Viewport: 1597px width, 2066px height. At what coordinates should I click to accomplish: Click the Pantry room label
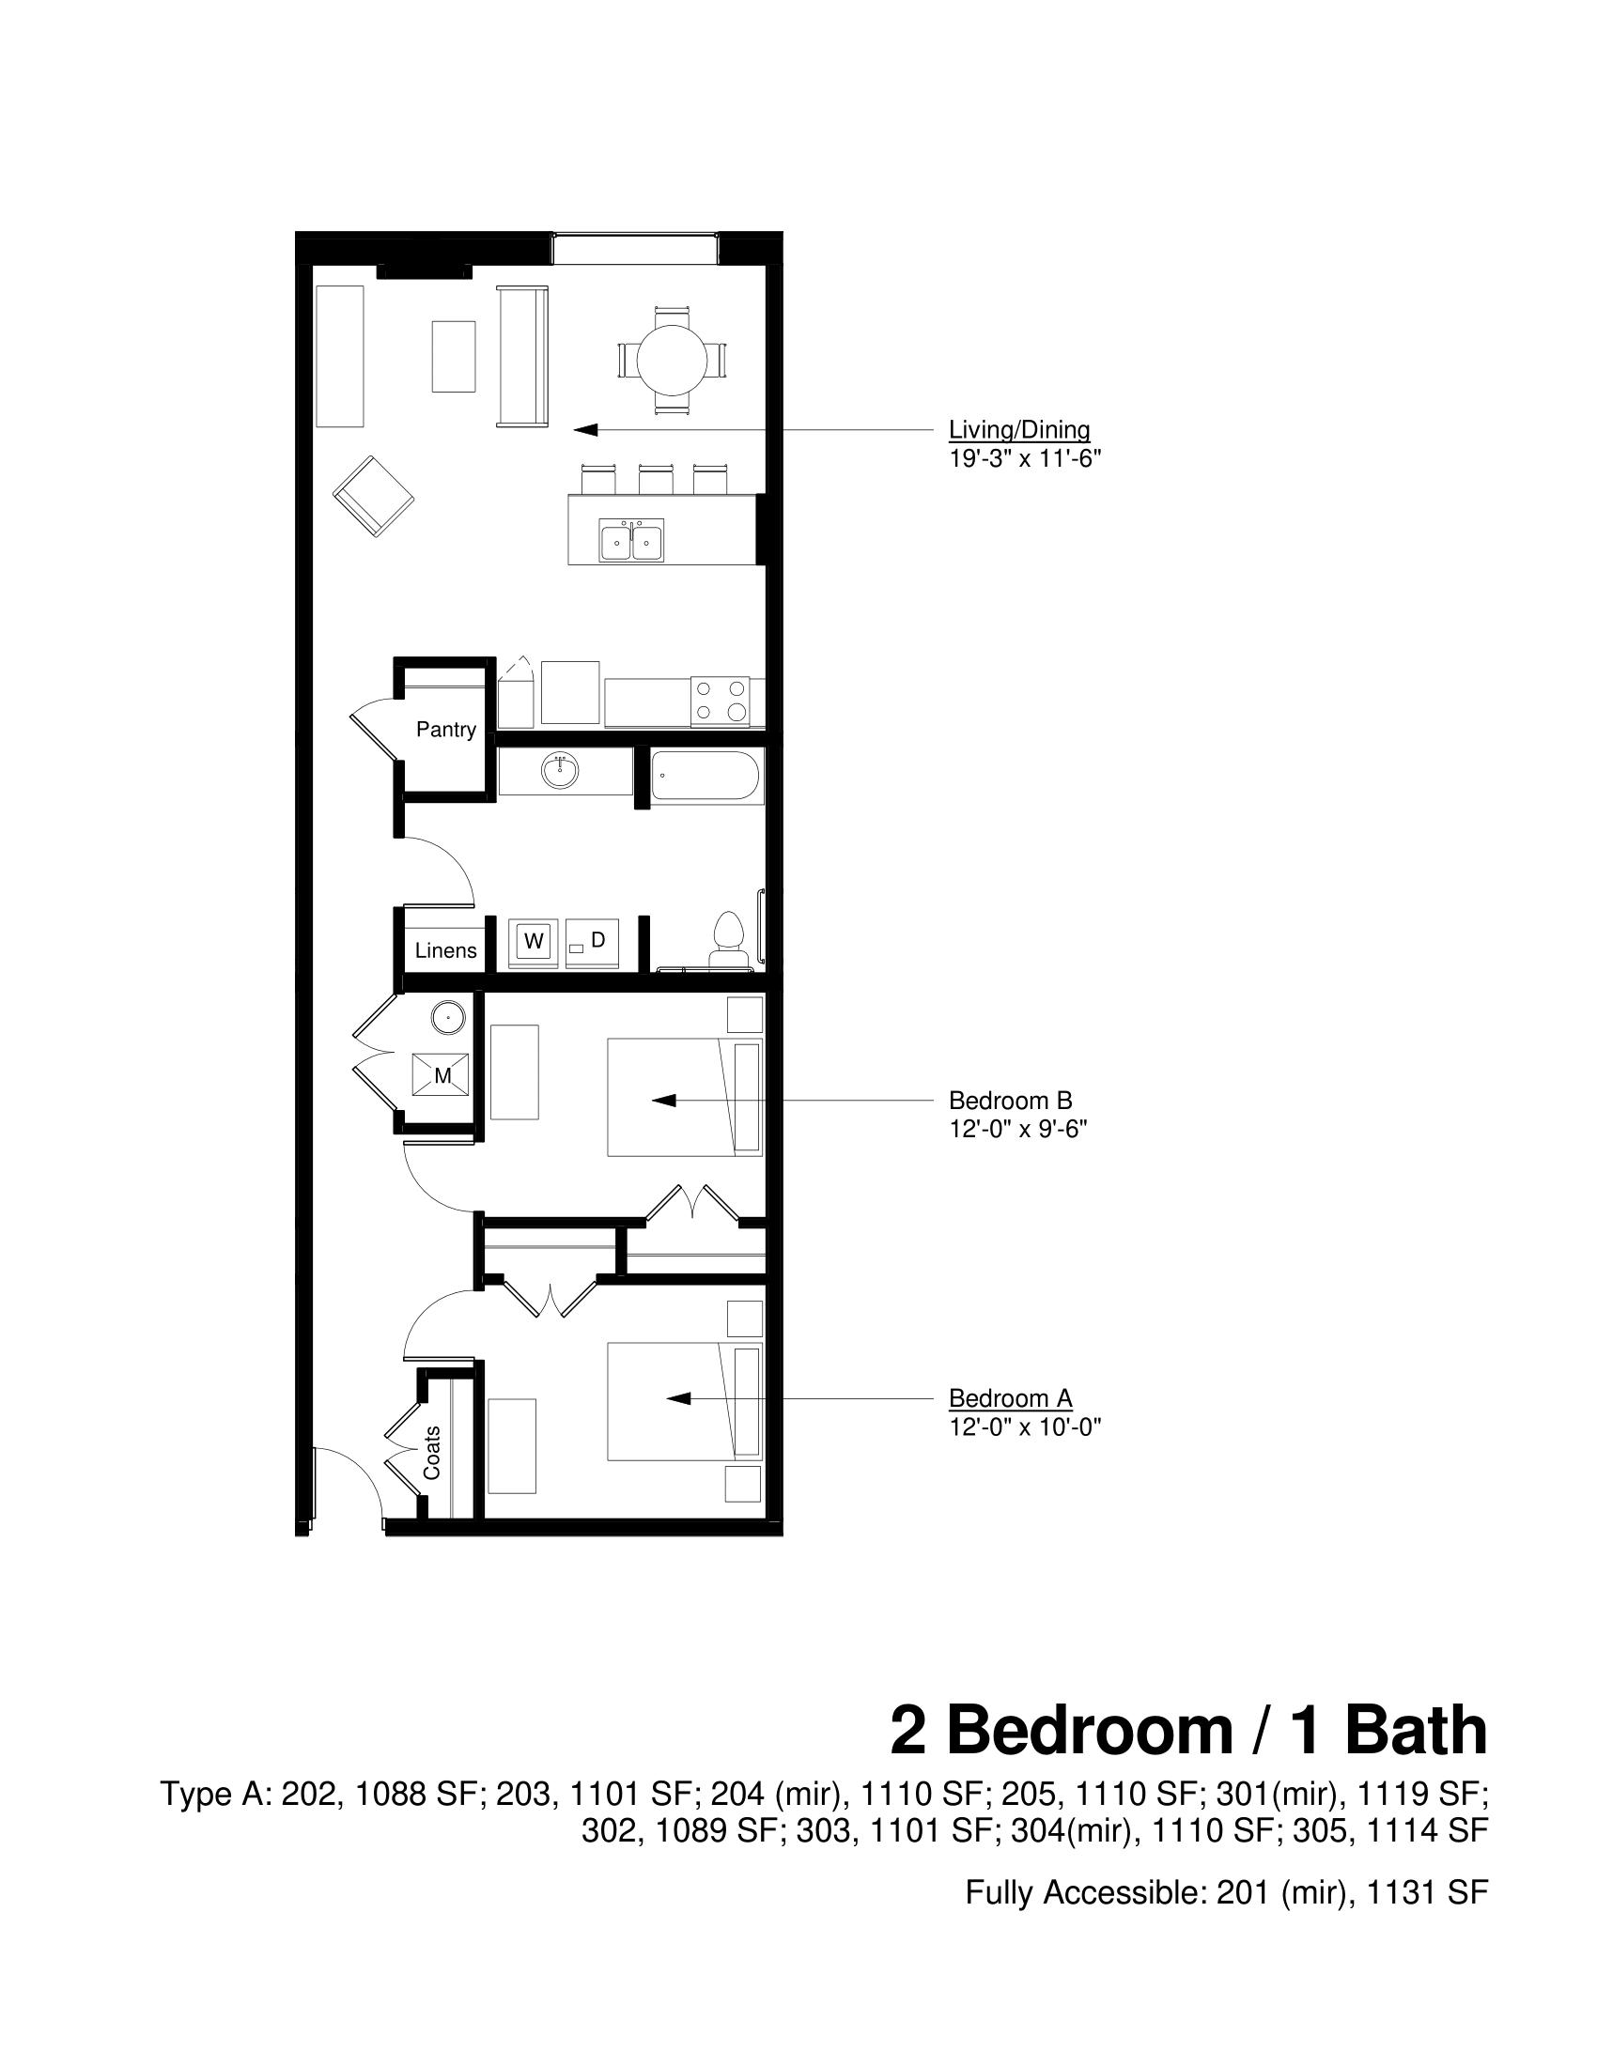coord(445,730)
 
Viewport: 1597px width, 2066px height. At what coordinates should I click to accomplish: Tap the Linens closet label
coord(445,950)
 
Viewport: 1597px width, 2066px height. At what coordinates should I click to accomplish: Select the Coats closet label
coord(432,1453)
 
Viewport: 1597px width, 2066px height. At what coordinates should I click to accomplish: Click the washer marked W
coord(534,942)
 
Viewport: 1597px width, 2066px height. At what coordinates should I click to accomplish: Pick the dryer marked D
coord(592,942)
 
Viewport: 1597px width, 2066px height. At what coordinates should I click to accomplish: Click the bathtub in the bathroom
coord(705,777)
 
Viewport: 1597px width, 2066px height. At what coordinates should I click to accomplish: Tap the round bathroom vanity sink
coord(560,772)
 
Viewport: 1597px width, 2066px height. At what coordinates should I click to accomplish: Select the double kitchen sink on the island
coord(631,541)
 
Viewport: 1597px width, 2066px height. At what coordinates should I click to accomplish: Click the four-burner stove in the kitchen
coord(720,702)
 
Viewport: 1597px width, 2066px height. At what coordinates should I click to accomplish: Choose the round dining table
coord(672,360)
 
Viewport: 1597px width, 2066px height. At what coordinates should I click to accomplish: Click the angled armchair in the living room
coord(373,497)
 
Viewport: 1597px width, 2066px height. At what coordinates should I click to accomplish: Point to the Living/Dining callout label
coord(1019,430)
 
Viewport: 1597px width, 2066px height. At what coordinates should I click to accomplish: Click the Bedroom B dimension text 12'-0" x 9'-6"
coord(1018,1130)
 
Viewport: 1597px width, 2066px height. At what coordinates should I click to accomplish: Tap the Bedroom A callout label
coord(1010,1398)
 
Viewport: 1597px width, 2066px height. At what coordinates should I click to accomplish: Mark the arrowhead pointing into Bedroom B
coord(664,1101)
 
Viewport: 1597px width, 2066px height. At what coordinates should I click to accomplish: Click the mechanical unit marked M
coord(441,1075)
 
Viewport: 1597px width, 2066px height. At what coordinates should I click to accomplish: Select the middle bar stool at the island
coord(656,479)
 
